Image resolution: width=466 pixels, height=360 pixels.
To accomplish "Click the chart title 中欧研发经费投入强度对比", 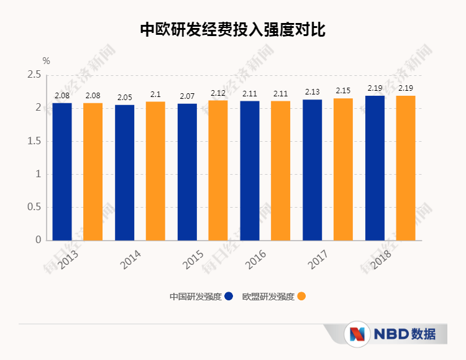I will (232, 29).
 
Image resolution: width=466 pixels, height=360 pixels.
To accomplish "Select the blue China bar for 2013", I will (62, 171).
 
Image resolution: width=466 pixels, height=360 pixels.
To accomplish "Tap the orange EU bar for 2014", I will (155, 170).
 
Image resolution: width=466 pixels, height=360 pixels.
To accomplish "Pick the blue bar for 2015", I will (187, 171).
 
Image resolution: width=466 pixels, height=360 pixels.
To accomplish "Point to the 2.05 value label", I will (124, 98).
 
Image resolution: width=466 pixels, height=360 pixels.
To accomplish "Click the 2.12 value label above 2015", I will (218, 93).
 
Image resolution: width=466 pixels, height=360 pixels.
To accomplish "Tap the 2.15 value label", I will (343, 91).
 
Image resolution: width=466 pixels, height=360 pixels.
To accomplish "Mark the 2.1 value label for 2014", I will (155, 95).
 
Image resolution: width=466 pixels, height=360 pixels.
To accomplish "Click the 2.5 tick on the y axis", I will (34, 75).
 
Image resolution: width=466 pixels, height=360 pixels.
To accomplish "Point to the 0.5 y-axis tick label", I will (34, 207).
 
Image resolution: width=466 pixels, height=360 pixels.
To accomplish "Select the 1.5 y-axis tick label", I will (34, 141).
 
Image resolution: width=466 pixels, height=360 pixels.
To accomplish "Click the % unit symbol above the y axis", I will (46, 61).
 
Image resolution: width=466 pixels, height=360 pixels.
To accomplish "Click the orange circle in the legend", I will (301, 297).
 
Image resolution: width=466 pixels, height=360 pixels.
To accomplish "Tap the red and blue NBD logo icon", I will (357, 334).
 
